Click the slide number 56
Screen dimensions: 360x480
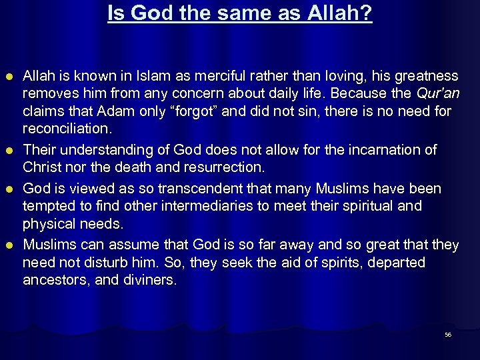tap(448, 335)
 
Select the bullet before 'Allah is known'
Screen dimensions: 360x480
tap(11, 77)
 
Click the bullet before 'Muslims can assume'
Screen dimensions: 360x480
tap(11, 246)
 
